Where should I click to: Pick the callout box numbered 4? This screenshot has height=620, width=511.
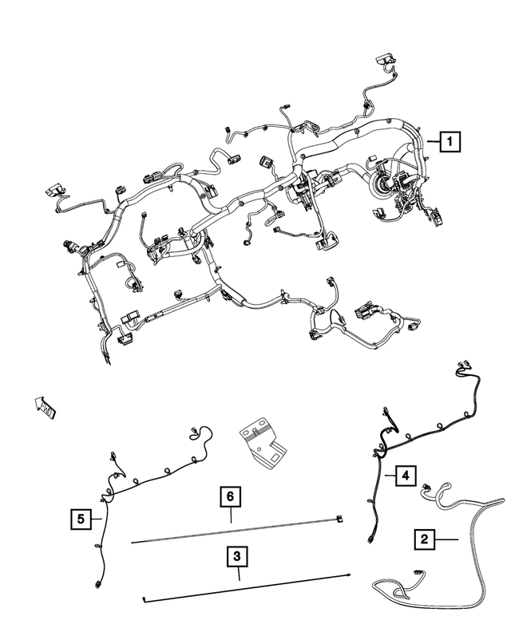406,476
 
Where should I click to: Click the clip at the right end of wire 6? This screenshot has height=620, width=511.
341,519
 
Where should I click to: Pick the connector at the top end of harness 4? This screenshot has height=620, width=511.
461,367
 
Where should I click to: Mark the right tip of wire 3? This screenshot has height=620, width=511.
349,574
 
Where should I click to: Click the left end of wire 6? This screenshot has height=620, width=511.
133,542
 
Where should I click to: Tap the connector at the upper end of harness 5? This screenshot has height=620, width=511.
194,433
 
